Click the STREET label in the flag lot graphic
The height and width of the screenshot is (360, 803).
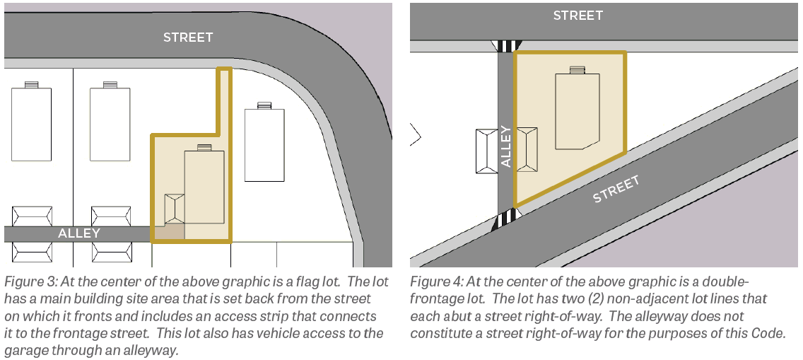click(x=188, y=37)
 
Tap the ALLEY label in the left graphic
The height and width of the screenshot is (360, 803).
click(x=79, y=233)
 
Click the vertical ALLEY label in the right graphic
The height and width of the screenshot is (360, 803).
click(x=505, y=146)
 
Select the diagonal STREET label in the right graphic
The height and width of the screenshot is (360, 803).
click(x=616, y=189)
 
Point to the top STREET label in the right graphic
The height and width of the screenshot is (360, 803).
click(x=578, y=16)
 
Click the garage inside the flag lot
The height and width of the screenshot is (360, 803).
click(x=175, y=209)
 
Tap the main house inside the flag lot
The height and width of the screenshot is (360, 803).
click(x=204, y=185)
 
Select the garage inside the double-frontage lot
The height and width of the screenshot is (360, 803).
click(x=527, y=149)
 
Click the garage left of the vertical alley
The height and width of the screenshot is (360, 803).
click(x=486, y=151)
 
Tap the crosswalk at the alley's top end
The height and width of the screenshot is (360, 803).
click(x=507, y=46)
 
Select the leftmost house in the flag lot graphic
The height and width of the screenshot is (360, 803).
click(x=31, y=122)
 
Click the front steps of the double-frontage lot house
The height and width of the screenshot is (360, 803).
click(x=577, y=69)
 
